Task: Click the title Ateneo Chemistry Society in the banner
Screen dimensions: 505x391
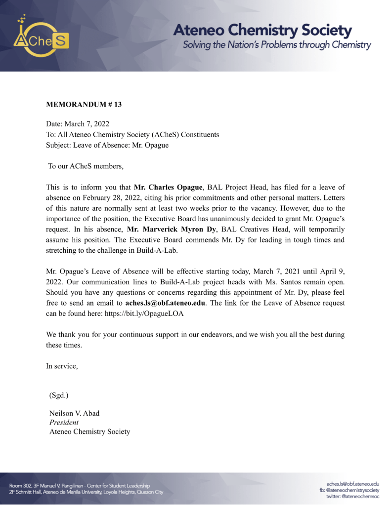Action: [262, 31]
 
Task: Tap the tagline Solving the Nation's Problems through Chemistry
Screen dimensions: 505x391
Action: [277, 45]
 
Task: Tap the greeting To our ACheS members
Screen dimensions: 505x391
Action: [86, 166]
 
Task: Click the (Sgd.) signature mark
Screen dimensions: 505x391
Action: [59, 395]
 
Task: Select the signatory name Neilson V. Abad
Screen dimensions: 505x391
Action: [75, 413]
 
